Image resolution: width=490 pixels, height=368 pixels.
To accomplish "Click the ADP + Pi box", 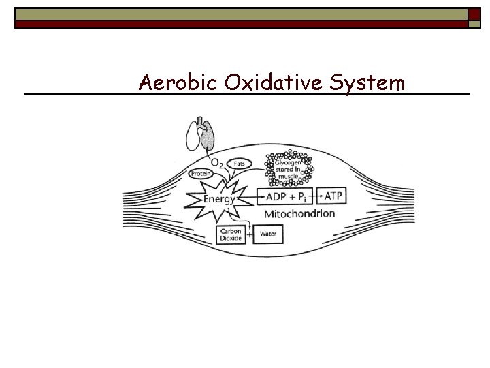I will click(284, 196).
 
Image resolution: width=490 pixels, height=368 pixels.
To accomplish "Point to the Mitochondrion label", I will click(299, 213).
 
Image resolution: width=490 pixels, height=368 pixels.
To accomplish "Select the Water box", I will click(268, 235).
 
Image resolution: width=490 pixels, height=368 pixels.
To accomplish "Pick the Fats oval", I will click(240, 164).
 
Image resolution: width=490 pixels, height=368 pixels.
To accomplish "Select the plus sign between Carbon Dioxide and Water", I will click(250, 235).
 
